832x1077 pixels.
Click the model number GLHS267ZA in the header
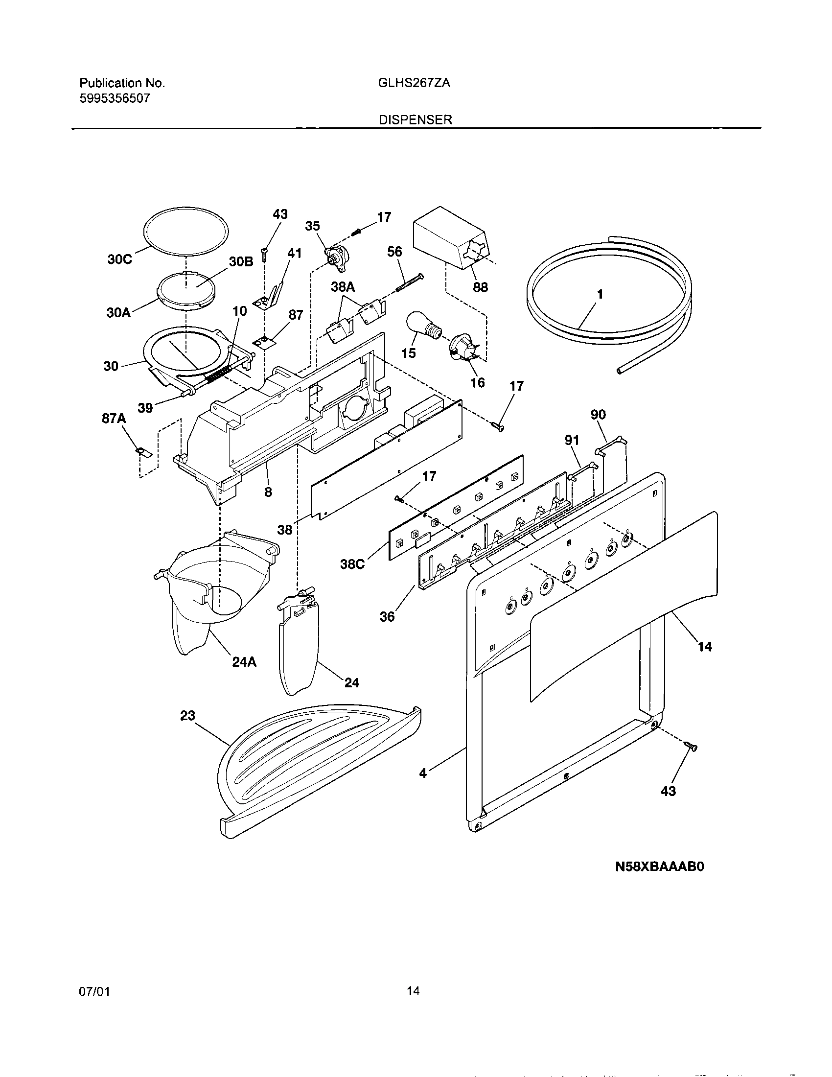click(414, 83)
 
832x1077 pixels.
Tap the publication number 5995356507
click(115, 98)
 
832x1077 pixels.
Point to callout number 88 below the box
click(480, 287)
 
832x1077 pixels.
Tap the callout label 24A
click(244, 662)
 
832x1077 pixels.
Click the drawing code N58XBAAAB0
click(660, 880)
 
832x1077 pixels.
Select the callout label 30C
click(120, 260)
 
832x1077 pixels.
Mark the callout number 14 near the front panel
click(705, 647)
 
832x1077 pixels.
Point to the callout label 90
click(598, 415)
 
